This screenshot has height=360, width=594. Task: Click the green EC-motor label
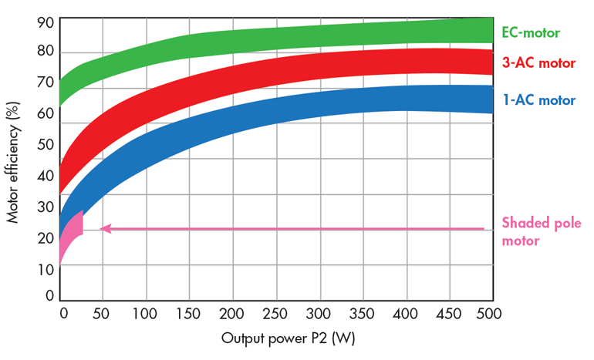(x=531, y=32)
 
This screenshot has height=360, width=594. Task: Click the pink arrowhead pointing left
(x=106, y=228)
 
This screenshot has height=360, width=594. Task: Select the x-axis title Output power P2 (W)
(x=278, y=338)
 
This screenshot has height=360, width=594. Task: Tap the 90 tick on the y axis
(x=46, y=22)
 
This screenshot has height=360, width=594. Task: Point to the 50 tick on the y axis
(x=46, y=144)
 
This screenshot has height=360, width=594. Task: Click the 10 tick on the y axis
(x=46, y=269)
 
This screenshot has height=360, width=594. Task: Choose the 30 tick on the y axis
(x=46, y=207)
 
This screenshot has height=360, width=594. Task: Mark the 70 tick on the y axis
(x=46, y=83)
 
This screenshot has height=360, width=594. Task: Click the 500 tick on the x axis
(x=489, y=314)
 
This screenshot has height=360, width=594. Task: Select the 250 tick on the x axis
(x=275, y=314)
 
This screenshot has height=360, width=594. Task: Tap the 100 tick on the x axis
(x=146, y=314)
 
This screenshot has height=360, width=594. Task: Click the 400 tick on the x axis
(x=403, y=314)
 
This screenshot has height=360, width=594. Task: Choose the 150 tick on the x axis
(x=188, y=314)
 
